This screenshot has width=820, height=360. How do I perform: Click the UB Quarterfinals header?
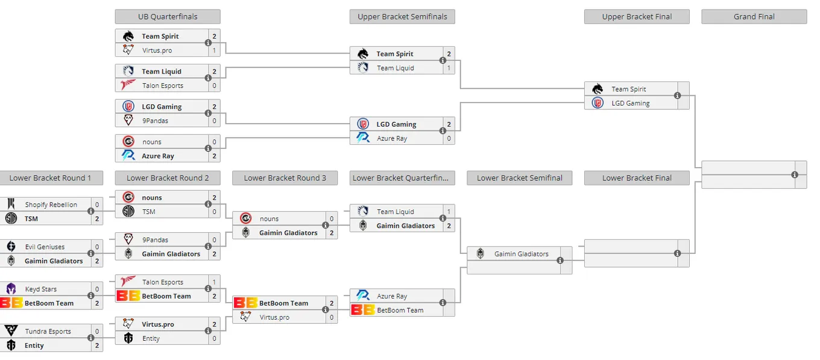(168, 16)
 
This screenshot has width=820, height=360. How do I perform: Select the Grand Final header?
(754, 16)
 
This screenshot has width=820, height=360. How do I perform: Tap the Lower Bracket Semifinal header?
(520, 178)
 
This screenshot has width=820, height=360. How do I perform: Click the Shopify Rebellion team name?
(51, 204)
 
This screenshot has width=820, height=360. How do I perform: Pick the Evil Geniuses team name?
(45, 247)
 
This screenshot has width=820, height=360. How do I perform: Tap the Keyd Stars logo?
(11, 289)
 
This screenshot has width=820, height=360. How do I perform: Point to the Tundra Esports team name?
(48, 331)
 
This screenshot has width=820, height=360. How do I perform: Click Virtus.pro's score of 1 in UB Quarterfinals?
(215, 50)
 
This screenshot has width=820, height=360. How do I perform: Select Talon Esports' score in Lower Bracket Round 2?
(215, 282)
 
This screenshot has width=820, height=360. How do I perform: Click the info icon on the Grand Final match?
(795, 175)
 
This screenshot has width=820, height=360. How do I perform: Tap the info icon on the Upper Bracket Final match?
(678, 96)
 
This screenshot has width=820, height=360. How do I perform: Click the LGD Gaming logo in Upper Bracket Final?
(598, 103)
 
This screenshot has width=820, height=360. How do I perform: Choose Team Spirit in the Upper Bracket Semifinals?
(394, 54)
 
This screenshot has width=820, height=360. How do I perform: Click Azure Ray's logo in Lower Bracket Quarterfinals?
(363, 295)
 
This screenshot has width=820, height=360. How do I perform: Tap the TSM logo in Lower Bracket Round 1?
(11, 218)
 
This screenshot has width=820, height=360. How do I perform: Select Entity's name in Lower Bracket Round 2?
(151, 338)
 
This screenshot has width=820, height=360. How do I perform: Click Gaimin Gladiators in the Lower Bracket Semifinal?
(522, 254)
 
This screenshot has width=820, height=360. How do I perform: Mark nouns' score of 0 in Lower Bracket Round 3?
(332, 219)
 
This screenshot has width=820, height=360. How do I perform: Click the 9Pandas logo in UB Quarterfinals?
(128, 120)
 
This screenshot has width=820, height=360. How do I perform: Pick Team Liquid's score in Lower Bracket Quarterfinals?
(449, 212)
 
